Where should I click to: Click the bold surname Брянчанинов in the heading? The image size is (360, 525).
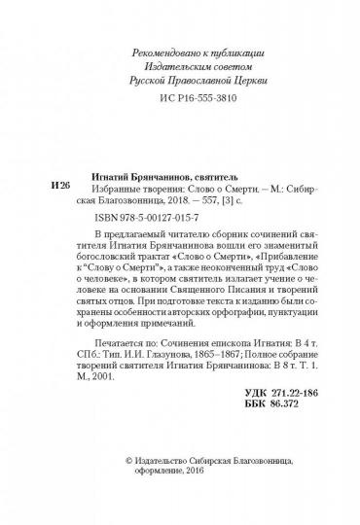tap(178, 149)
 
